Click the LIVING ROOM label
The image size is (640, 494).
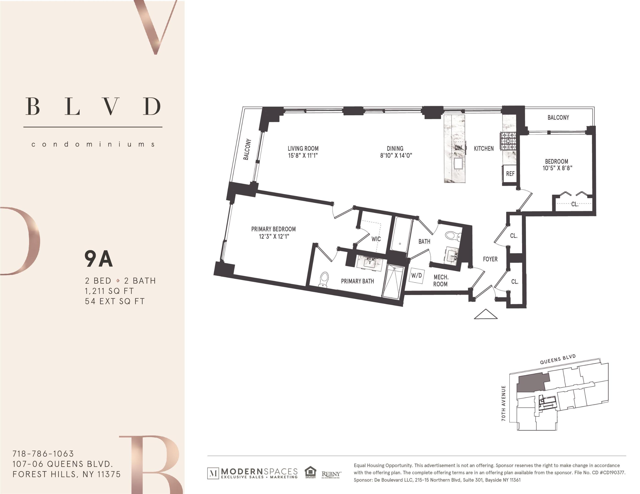pyautogui.click(x=303, y=149)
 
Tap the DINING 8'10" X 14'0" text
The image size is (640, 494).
pyautogui.click(x=396, y=152)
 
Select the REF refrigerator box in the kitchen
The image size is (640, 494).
pyautogui.click(x=510, y=174)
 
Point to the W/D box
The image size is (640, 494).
pyautogui.click(x=417, y=275)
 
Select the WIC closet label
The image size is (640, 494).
pyautogui.click(x=376, y=239)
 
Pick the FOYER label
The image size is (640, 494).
pyautogui.click(x=490, y=259)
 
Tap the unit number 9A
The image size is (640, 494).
pyautogui.click(x=98, y=259)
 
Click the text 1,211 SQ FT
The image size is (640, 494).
pyautogui.click(x=109, y=291)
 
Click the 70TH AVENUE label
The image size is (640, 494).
pyautogui.click(x=504, y=403)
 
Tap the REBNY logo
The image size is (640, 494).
pyautogui.click(x=331, y=474)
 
